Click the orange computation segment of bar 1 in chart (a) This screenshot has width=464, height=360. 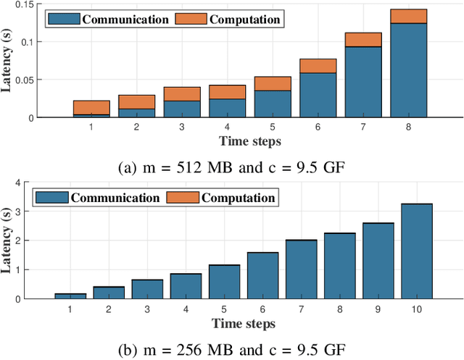coord(91,107)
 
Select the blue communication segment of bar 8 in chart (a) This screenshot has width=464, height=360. coord(408,70)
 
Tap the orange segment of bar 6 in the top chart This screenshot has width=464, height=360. coord(318,66)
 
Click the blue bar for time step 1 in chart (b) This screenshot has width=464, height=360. coord(70,296)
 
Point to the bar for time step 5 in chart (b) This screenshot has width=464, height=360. coord(224,281)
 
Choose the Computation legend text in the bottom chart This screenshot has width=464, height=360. coord(239,197)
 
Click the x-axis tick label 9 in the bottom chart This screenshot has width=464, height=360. coord(378,309)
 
